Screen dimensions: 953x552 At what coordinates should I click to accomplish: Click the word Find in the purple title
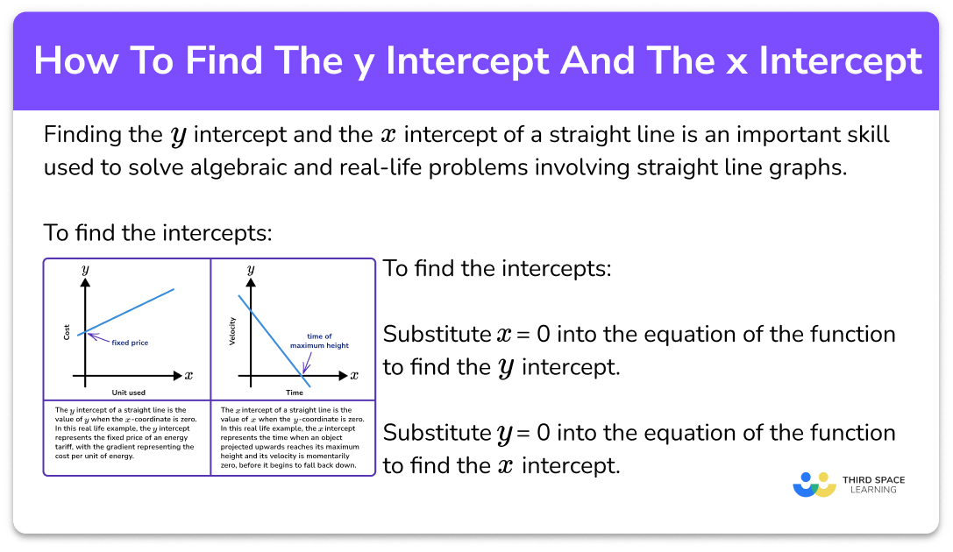tap(224, 60)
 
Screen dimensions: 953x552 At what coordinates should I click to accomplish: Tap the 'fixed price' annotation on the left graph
tap(130, 343)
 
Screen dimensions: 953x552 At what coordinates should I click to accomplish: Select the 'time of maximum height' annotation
tap(319, 341)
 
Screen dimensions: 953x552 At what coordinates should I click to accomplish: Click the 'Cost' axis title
tap(67, 332)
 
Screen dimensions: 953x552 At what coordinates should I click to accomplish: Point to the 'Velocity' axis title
tap(232, 331)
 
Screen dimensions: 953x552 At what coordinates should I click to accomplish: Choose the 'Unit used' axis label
tap(129, 393)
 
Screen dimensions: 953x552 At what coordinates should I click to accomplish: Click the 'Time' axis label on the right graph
tap(295, 393)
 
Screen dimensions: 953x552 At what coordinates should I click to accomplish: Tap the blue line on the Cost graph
tap(126, 312)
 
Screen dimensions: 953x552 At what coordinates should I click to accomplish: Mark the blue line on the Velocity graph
tap(274, 342)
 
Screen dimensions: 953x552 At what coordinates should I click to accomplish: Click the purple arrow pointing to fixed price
tap(99, 337)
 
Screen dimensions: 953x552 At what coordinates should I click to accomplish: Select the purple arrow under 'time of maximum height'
tap(307, 363)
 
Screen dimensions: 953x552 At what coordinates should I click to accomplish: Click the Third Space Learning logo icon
tap(814, 485)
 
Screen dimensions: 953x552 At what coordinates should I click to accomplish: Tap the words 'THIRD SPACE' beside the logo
tap(873, 480)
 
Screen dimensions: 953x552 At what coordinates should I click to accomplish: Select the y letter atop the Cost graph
tap(86, 270)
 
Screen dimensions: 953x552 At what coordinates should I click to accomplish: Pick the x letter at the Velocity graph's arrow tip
tap(354, 375)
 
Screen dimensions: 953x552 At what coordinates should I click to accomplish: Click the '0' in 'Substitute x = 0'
tap(544, 334)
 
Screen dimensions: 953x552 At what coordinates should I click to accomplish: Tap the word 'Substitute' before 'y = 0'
tap(437, 433)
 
